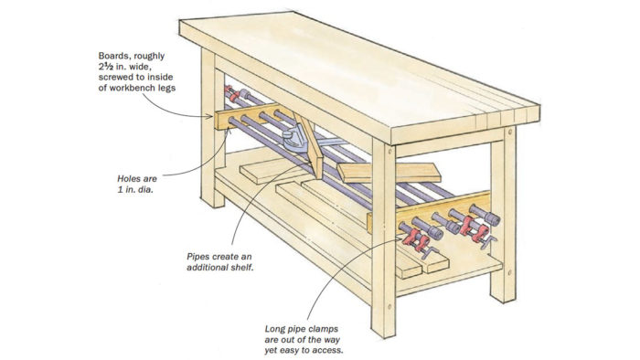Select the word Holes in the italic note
click(128, 178)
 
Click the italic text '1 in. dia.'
click(135, 189)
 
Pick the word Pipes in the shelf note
click(198, 257)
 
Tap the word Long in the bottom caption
click(275, 329)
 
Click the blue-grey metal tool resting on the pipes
click(296, 141)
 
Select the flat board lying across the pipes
click(389, 173)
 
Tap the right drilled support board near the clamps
click(429, 213)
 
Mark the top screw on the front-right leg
click(389, 152)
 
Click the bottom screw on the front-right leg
click(389, 306)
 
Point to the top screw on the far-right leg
click(510, 132)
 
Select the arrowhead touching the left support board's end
click(209, 117)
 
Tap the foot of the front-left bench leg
click(213, 201)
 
